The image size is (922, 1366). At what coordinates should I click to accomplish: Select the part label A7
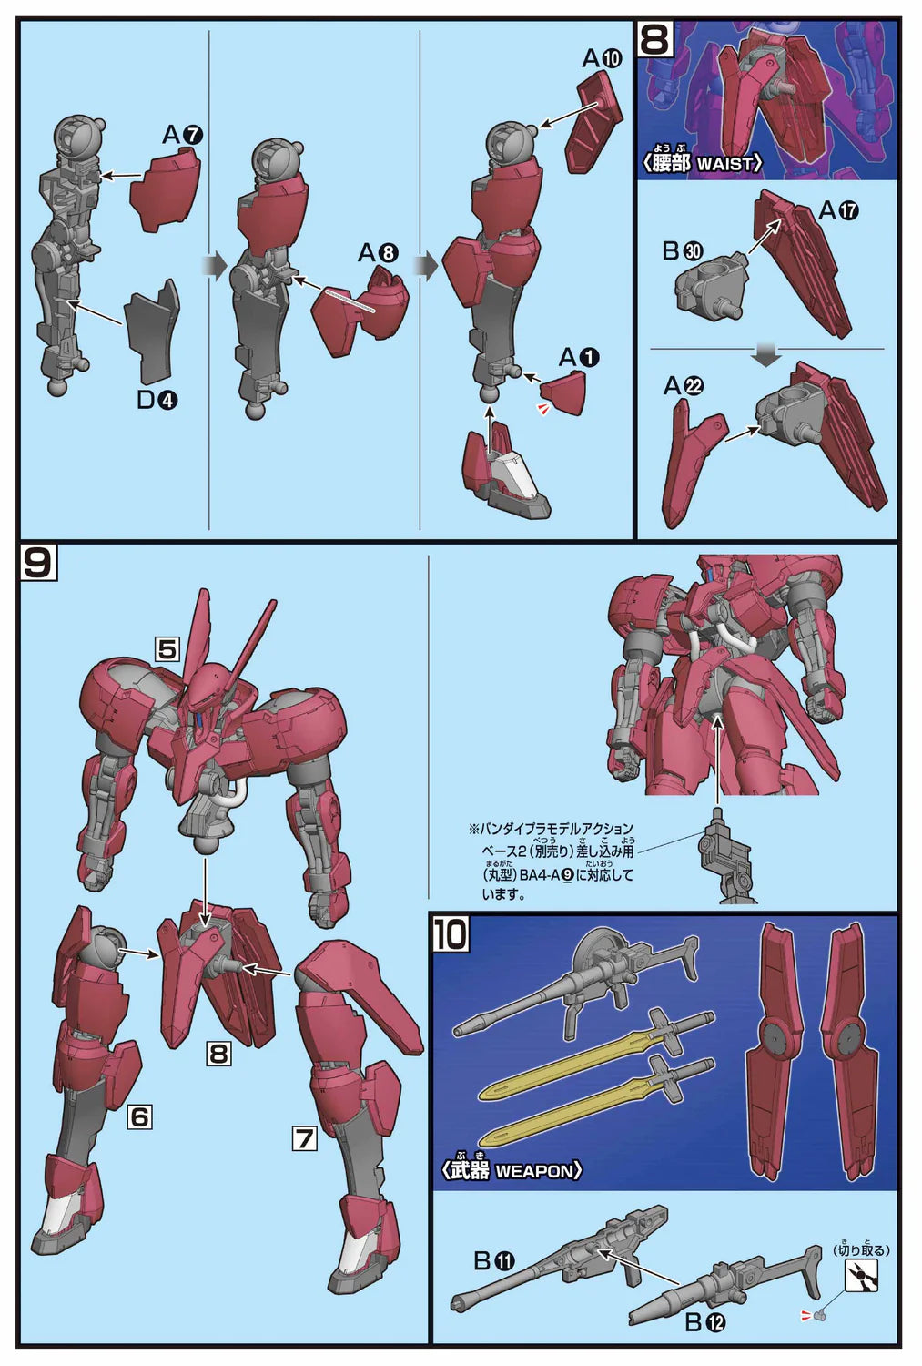[x=182, y=135]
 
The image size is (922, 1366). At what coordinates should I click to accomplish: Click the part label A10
[x=602, y=58]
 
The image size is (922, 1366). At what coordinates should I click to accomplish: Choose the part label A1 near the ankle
[x=579, y=358]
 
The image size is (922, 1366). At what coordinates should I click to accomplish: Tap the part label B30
[x=682, y=250]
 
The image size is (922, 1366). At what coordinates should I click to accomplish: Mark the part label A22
[x=684, y=385]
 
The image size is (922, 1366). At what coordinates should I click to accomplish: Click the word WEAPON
[x=534, y=1171]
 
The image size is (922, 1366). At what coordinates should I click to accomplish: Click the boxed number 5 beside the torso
[x=167, y=649]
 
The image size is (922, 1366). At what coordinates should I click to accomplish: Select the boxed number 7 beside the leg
[x=305, y=1138]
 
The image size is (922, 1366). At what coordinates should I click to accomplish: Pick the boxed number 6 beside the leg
[x=139, y=1116]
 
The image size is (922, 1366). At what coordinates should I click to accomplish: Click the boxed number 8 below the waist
[x=218, y=1053]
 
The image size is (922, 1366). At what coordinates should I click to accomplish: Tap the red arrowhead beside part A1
[x=542, y=409]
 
